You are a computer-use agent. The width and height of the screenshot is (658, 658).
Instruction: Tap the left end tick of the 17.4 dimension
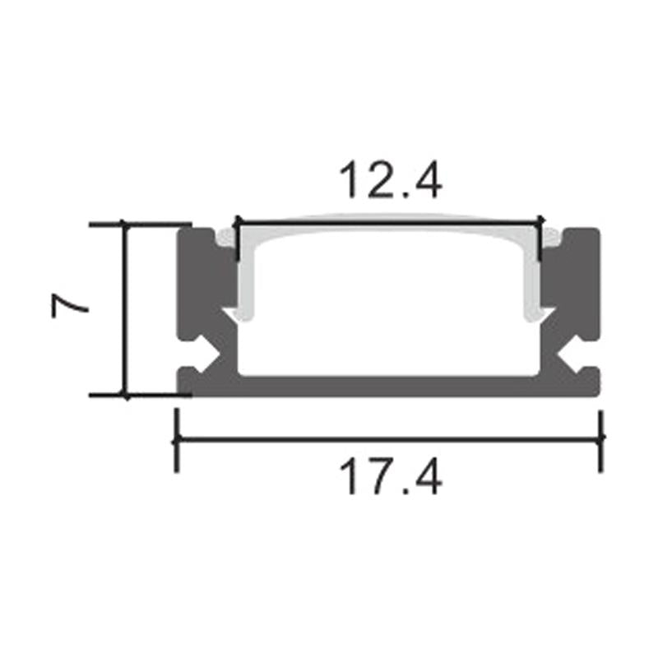point(176,439)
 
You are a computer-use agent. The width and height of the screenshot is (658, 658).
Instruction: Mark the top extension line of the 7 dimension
point(140,223)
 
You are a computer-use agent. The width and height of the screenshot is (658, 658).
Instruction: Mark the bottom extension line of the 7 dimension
point(140,395)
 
